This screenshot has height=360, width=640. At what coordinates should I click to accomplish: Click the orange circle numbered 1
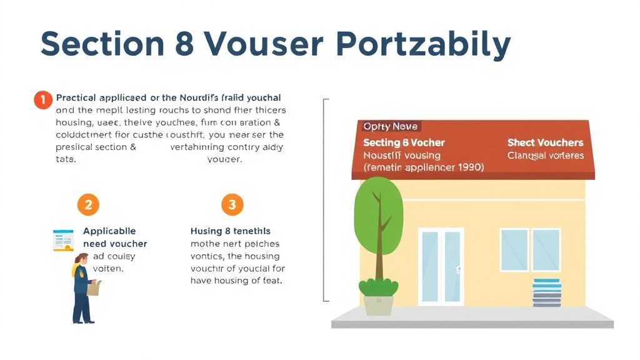click(x=42, y=99)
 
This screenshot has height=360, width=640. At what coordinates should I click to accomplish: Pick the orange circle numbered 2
click(x=88, y=204)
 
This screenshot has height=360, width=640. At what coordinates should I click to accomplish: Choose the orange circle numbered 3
click(x=232, y=204)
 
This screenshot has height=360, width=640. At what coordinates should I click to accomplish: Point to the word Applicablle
click(x=109, y=231)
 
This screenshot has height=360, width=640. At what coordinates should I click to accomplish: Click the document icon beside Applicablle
click(x=63, y=240)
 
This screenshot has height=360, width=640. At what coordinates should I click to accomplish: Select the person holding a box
click(x=83, y=287)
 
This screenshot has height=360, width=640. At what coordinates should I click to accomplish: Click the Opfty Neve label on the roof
click(x=391, y=127)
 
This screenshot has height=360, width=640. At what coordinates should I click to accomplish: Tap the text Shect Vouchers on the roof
click(x=545, y=143)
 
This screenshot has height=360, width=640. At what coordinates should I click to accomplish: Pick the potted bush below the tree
click(x=378, y=297)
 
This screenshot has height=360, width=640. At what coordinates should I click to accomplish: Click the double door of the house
click(x=441, y=266)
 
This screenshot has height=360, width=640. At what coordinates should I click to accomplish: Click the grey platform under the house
click(x=472, y=319)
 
